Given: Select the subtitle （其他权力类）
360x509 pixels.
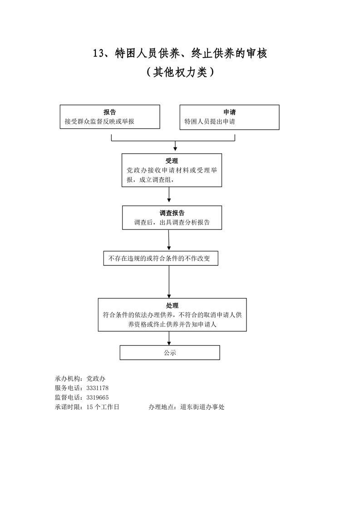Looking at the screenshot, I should click(x=180, y=72).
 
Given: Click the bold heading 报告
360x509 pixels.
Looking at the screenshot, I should click(x=109, y=112).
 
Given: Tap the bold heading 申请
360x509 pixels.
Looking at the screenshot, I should click(x=229, y=112).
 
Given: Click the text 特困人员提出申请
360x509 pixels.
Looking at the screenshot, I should click(x=209, y=122).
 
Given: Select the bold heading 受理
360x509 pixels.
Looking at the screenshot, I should click(x=172, y=161).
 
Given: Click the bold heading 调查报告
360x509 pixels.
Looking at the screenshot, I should click(x=172, y=213).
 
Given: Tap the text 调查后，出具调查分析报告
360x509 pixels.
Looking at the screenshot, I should click(x=172, y=223).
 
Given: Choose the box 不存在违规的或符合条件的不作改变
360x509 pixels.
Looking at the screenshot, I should click(x=161, y=259).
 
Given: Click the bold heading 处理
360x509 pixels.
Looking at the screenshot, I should click(x=172, y=306).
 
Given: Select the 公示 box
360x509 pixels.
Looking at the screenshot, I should click(x=169, y=352).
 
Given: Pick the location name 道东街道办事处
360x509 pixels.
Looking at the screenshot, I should click(x=202, y=407).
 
